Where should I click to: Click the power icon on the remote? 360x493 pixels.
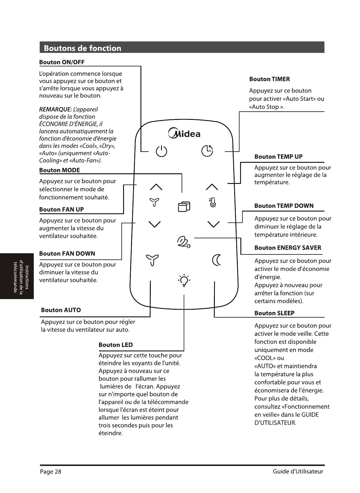tap(161, 151)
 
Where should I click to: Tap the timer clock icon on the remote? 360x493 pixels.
tap(207, 151)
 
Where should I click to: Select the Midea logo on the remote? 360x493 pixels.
tap(184, 134)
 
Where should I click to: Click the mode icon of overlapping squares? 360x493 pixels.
tap(184, 207)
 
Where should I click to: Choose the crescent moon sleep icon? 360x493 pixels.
tap(216, 260)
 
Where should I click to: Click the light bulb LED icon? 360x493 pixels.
tap(184, 281)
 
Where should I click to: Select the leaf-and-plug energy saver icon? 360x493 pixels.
tap(184, 242)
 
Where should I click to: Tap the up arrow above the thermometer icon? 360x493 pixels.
tap(212, 187)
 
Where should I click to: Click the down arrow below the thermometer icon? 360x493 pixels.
tap(213, 224)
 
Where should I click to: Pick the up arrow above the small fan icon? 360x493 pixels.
tap(156, 187)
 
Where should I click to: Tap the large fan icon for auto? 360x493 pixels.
tap(153, 260)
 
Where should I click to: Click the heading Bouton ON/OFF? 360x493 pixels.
tap(62, 62)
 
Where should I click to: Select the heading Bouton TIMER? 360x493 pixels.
tap(269, 79)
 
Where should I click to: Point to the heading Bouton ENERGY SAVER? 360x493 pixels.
tap(288, 248)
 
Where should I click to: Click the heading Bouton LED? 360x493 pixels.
tap(115, 345)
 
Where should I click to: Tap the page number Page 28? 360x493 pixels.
tap(51, 472)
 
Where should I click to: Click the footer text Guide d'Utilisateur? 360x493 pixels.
tap(298, 472)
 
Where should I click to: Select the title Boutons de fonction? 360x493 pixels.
tap(82, 48)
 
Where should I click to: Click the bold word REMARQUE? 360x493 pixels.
tap(55, 110)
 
